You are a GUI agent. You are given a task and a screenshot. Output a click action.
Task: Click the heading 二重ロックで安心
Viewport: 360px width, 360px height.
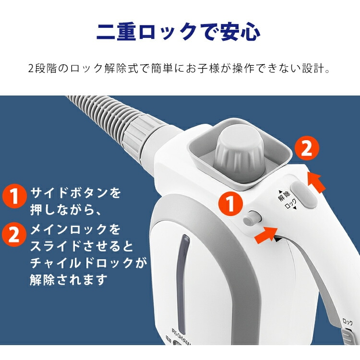pyautogui.click(x=179, y=32)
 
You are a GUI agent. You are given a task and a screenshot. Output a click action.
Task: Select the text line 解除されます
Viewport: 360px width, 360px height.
pyautogui.click(x=68, y=279)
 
